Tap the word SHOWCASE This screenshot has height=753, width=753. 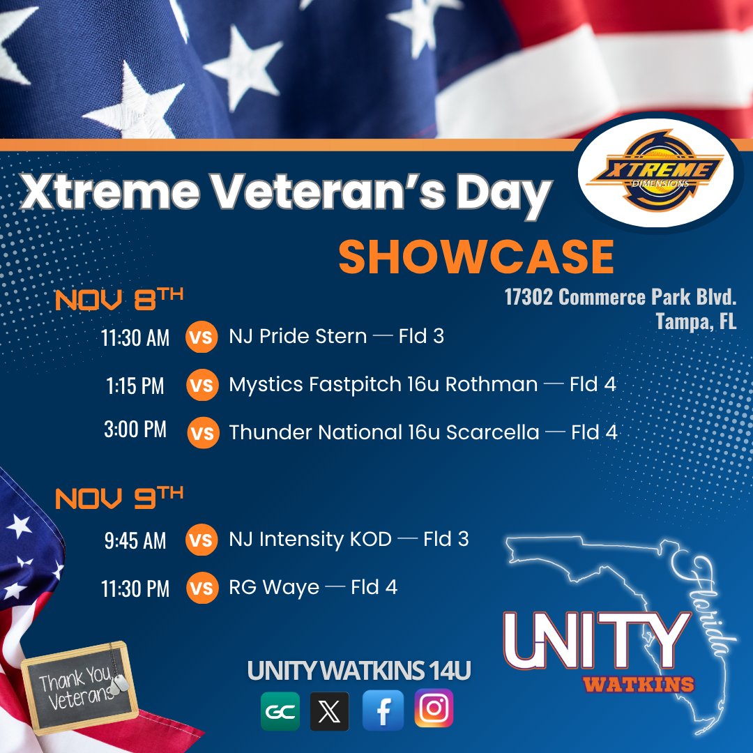(x=476, y=258)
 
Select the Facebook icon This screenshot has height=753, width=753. (x=383, y=710)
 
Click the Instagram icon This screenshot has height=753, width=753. (x=434, y=709)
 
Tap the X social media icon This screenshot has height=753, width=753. (x=329, y=711)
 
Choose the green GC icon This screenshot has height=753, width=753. (x=280, y=711)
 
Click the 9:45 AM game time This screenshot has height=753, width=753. (x=135, y=540)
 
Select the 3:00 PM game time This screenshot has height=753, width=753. (x=135, y=429)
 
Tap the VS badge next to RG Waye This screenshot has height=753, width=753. (x=201, y=588)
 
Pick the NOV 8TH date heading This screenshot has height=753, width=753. (x=119, y=300)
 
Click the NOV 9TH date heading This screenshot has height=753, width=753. (x=119, y=497)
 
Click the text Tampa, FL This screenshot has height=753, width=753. (x=696, y=323)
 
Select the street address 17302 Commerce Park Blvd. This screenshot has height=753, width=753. (x=621, y=298)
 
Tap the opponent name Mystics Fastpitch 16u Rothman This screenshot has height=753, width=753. (x=383, y=384)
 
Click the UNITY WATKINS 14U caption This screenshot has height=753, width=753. (x=359, y=671)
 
